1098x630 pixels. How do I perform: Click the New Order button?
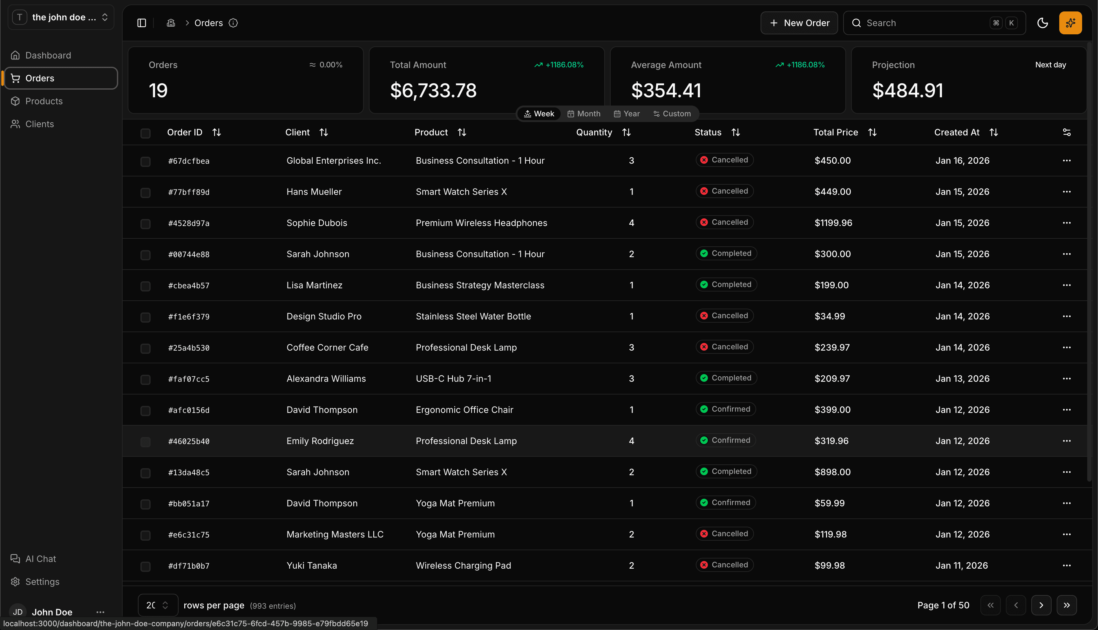click(x=799, y=23)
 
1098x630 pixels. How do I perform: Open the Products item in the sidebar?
click(x=44, y=101)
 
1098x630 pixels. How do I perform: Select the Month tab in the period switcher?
click(x=584, y=114)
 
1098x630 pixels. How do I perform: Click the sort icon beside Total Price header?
click(x=872, y=133)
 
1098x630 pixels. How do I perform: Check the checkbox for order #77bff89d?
click(x=145, y=193)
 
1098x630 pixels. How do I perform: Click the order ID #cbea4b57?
click(x=188, y=285)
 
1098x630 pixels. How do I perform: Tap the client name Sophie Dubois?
click(x=316, y=223)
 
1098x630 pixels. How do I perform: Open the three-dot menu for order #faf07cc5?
click(x=1067, y=379)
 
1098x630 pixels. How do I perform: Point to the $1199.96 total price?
click(x=833, y=223)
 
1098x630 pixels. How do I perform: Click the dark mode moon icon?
click(x=1042, y=23)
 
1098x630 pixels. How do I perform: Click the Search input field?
click(x=925, y=23)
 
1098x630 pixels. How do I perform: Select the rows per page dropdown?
click(x=157, y=605)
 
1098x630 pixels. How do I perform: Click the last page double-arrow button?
click(x=1067, y=605)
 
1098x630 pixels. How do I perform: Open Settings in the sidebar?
click(x=42, y=582)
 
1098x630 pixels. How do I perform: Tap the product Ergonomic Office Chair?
click(x=464, y=410)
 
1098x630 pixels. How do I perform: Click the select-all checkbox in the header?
click(x=145, y=133)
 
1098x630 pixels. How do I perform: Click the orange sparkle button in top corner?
click(x=1070, y=23)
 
